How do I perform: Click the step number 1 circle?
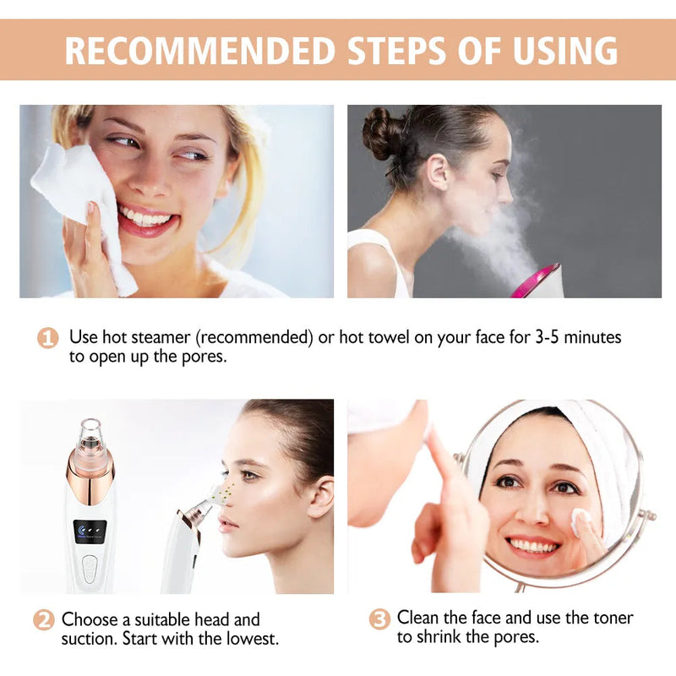(48, 338)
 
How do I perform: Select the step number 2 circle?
(43, 619)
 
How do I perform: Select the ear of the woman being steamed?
(438, 172)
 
